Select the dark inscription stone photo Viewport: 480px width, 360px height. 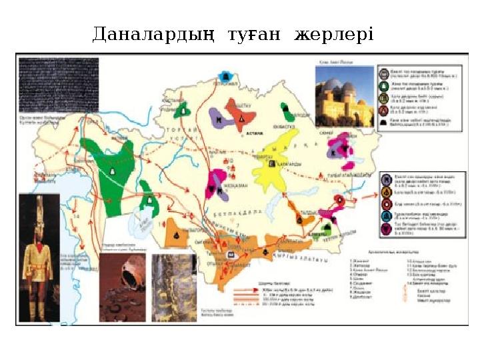coord(59,85)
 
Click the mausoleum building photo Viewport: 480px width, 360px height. coord(344,99)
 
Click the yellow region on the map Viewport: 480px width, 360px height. coord(273,163)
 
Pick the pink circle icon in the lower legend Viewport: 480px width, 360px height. coord(385,231)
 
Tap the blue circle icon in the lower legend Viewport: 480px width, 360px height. coord(385,217)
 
